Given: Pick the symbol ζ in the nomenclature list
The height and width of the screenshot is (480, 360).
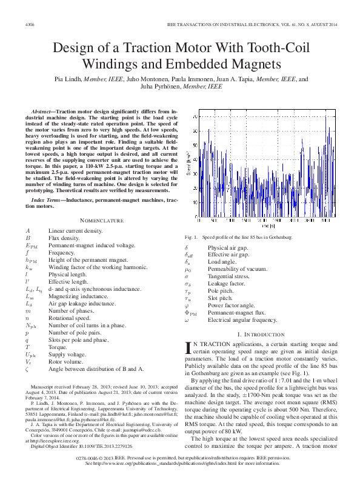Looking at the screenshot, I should coord(27,368).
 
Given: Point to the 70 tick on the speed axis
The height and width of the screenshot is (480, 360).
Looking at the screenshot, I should coord(195,115).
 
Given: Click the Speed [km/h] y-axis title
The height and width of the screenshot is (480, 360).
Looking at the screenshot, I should coord(188,164).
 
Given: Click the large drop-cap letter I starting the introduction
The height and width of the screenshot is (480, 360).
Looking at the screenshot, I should coord(187,347).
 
